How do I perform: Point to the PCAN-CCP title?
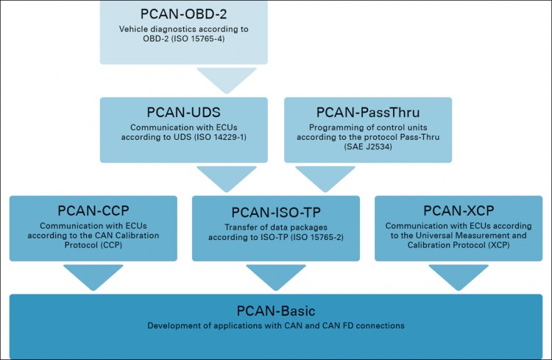(93, 211)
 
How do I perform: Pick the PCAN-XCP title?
(459, 211)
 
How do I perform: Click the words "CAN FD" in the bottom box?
(333, 325)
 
